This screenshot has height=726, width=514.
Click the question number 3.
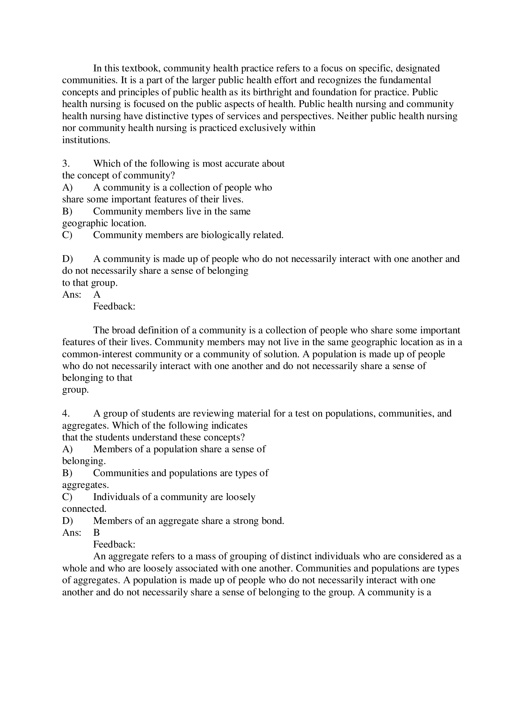66,164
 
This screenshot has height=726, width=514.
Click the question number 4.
66,413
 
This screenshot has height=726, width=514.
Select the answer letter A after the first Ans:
97,295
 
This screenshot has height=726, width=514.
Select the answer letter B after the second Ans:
97,533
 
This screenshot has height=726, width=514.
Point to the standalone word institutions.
86,140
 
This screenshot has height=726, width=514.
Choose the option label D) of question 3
67,259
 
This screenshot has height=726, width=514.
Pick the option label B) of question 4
67,473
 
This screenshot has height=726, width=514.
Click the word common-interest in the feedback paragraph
97,354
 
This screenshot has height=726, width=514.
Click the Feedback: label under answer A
114,307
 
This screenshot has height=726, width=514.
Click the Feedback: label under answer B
114,544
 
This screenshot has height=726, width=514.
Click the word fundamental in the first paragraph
405,80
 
